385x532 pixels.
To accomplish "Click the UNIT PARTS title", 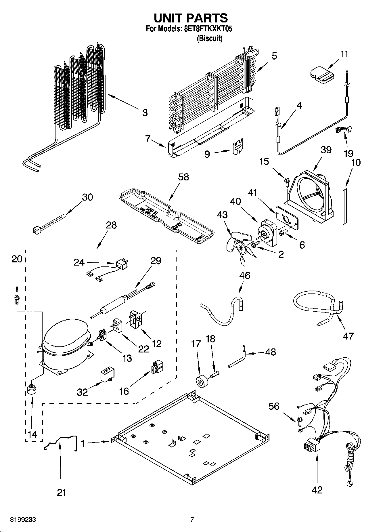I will (x=191, y=18).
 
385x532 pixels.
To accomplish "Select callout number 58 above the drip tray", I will (x=183, y=177).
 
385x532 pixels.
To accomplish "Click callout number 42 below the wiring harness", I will (x=317, y=490).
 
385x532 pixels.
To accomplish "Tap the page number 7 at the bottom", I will (x=192, y=520).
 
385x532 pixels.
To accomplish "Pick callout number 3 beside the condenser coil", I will (x=145, y=112).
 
